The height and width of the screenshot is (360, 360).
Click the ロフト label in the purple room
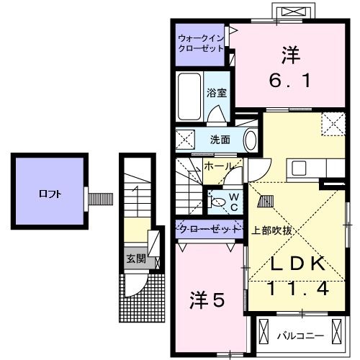tap(49, 194)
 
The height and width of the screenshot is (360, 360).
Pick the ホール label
tap(219, 166)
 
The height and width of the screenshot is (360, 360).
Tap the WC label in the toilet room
tap(234, 201)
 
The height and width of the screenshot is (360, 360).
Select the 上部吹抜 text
tap(271, 230)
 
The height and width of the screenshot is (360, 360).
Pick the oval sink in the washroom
tap(250, 139)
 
